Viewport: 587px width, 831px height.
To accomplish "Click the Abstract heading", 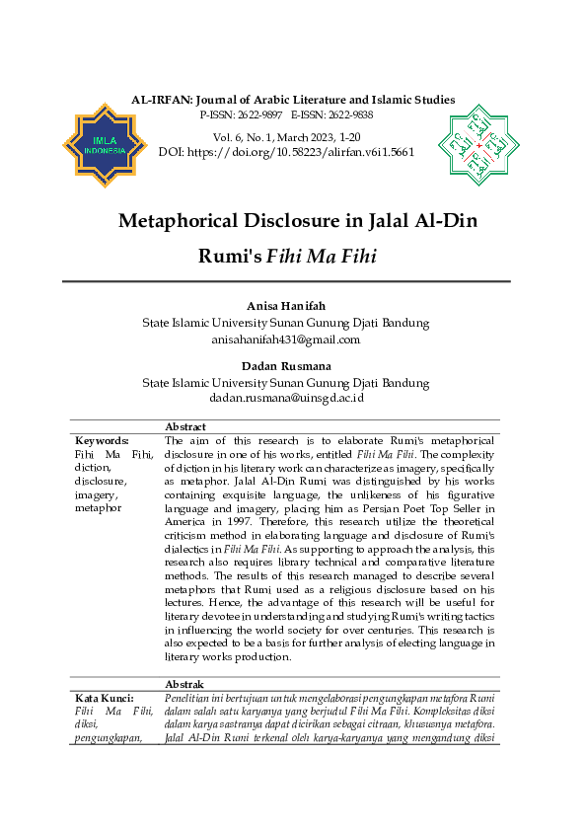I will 185,427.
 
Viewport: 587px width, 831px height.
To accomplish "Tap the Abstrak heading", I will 184,684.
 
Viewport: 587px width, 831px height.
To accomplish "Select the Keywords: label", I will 102,440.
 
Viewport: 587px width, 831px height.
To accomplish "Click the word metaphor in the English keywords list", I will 98,507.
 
